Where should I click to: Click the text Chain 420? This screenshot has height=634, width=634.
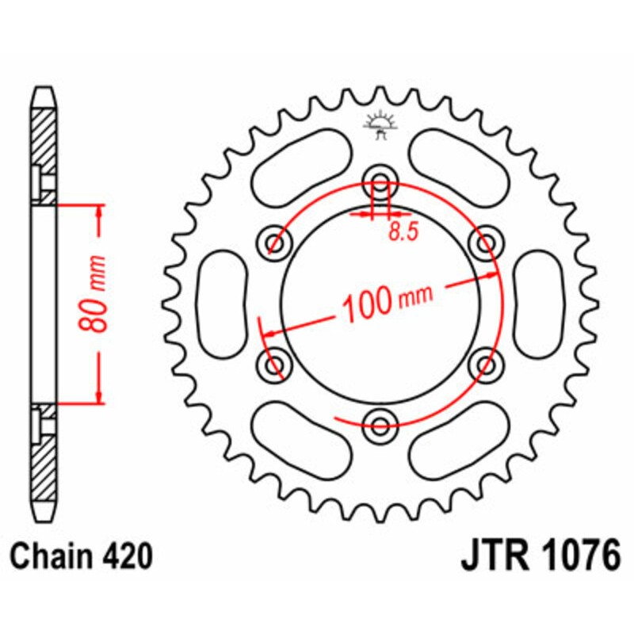click(x=82, y=558)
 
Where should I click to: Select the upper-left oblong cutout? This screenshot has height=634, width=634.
click(x=302, y=161)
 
